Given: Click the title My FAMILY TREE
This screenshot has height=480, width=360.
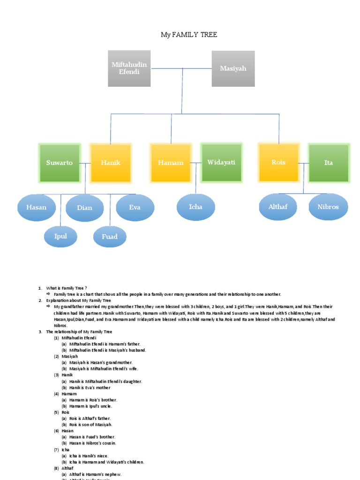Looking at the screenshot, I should click(189, 35).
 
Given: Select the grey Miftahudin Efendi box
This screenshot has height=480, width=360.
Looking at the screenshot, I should click(129, 68).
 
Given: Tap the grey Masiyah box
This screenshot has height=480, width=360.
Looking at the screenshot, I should click(233, 68).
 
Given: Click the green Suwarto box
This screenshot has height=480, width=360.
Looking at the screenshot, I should click(60, 163).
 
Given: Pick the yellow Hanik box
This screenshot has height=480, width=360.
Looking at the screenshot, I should click(111, 163).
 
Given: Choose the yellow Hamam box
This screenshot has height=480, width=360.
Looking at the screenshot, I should click(171, 163).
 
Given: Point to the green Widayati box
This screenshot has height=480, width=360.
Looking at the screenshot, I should click(221, 162).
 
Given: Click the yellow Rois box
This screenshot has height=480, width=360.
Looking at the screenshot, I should click(278, 162).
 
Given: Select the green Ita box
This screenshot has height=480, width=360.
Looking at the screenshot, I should click(329, 163).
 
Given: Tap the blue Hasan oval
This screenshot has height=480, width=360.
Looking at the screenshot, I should click(37, 207).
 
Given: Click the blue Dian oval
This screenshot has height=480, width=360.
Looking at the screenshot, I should click(85, 208).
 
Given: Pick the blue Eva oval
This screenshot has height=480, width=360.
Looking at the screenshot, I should click(135, 207).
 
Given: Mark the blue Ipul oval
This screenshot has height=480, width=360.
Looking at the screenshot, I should click(60, 236).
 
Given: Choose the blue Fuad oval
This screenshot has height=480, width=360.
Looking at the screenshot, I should click(110, 237).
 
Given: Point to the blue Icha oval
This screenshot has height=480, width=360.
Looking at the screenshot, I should click(195, 207).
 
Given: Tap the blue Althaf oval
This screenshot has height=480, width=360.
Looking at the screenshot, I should click(278, 207).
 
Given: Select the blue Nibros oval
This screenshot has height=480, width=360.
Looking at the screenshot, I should click(328, 207).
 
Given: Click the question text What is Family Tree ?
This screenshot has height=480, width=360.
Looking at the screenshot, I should click(67, 288).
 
